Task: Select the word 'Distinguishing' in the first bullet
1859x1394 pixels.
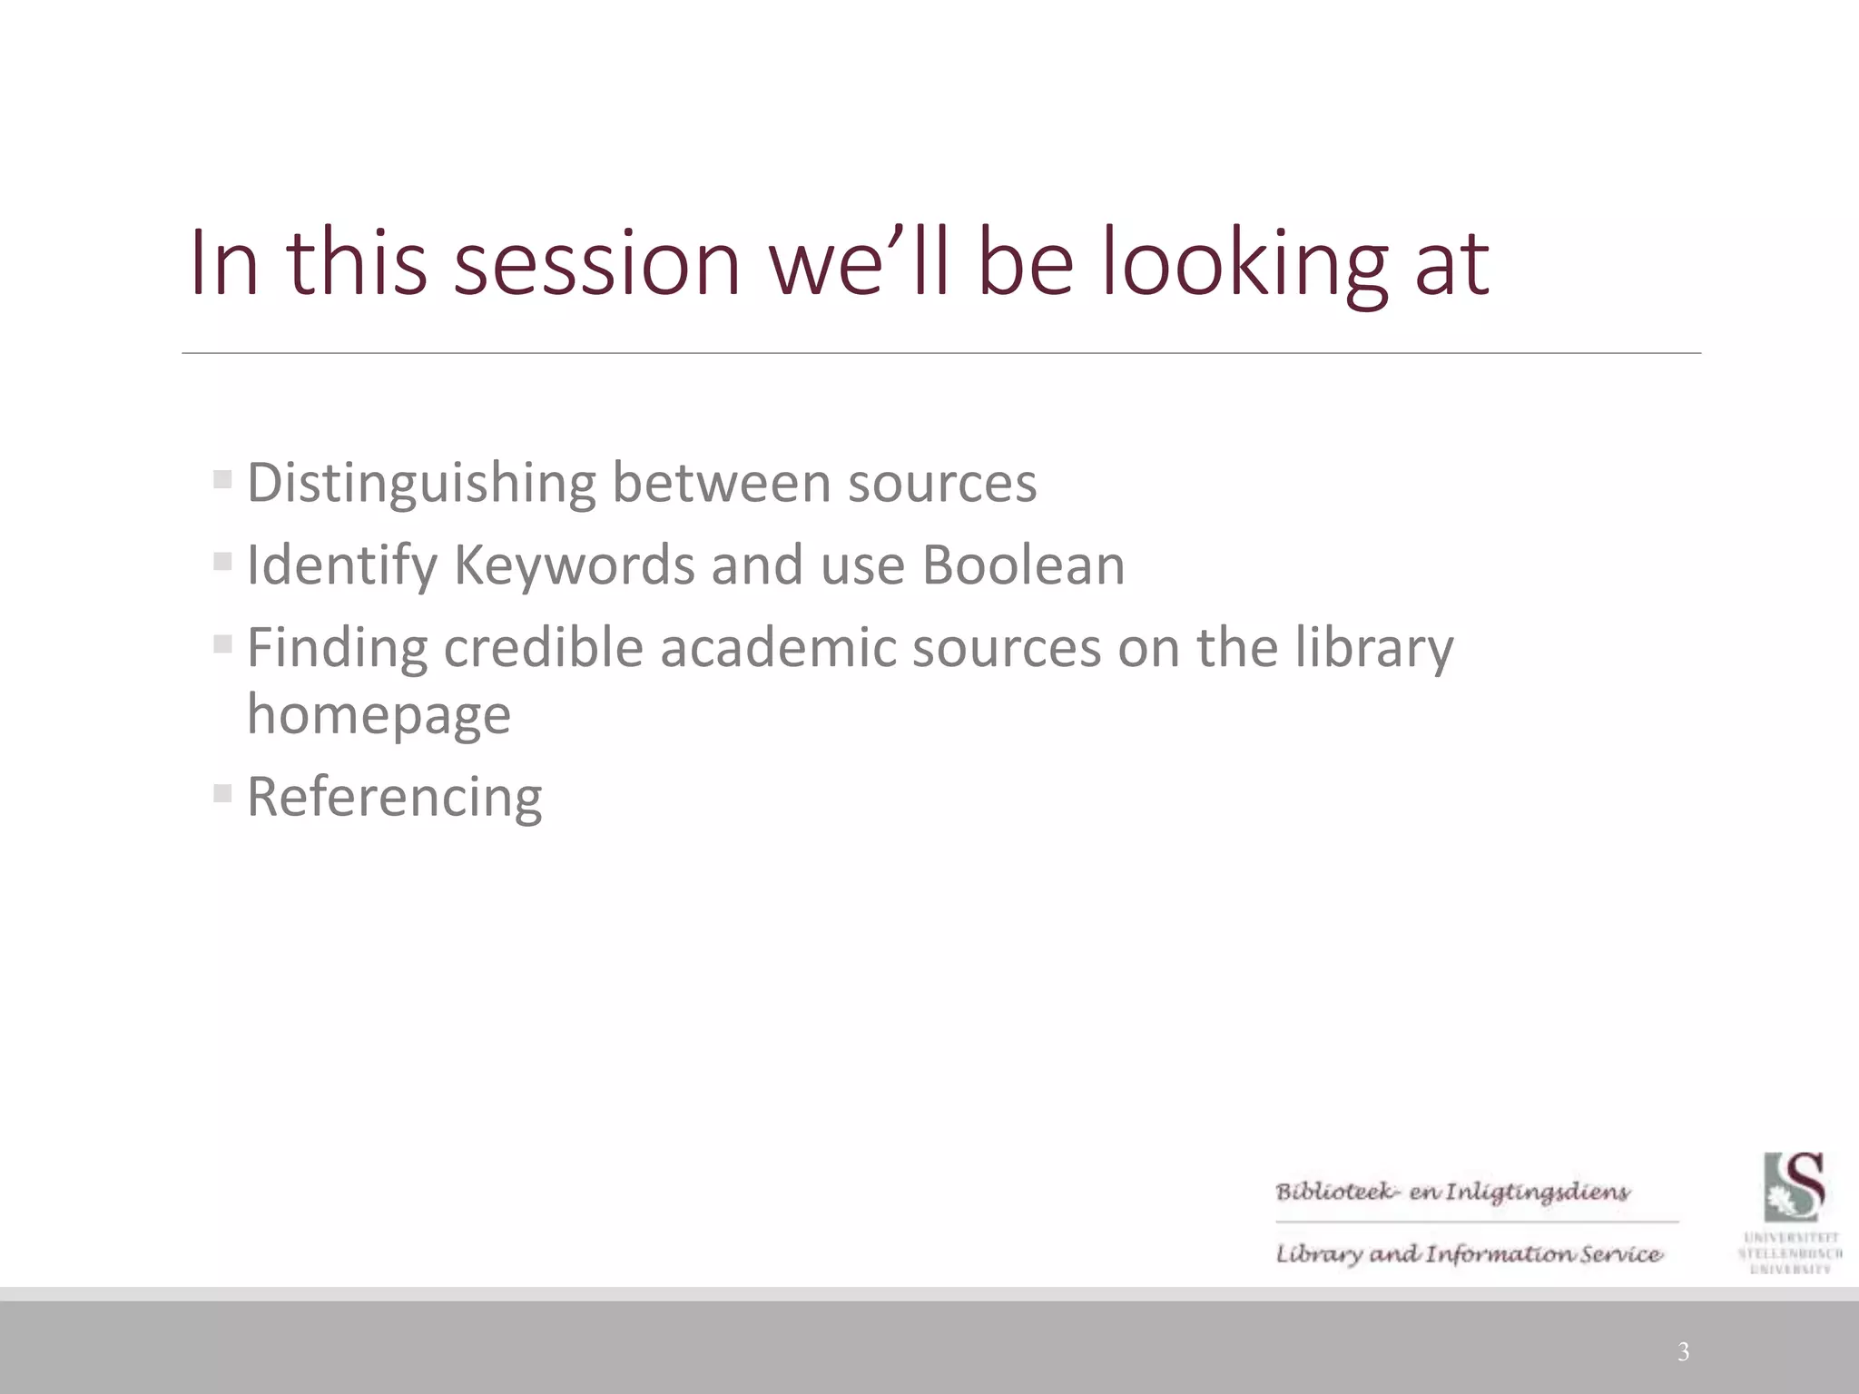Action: coord(421,483)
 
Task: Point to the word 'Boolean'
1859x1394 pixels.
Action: coord(1023,565)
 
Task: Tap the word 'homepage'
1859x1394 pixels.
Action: coord(379,715)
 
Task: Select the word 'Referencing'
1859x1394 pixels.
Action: coord(394,798)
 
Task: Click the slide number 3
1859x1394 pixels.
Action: coord(1683,1351)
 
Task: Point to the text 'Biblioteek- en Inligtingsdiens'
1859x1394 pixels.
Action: coord(1452,1192)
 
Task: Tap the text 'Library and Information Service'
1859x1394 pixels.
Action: coord(1469,1254)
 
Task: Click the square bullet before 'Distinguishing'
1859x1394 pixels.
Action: coord(222,478)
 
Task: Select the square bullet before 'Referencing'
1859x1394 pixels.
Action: coord(222,793)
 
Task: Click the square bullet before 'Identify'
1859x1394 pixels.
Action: coord(222,561)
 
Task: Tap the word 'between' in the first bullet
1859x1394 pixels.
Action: coord(722,483)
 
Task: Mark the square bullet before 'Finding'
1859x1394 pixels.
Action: coord(222,643)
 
